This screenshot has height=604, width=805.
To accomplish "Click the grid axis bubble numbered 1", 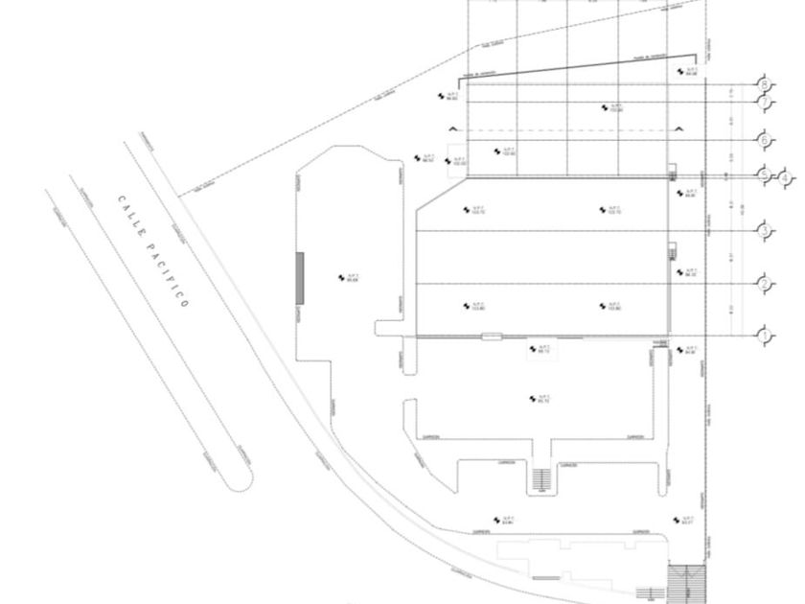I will click(x=765, y=336).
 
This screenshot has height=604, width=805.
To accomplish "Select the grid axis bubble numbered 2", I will click(x=765, y=283).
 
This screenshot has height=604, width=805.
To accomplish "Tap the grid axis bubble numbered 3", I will click(x=765, y=229).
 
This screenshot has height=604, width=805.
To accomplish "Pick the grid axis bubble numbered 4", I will click(x=786, y=177).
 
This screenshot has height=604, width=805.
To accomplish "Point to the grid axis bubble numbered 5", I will click(x=765, y=175).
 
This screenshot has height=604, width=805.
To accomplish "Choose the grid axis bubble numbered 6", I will click(x=765, y=140).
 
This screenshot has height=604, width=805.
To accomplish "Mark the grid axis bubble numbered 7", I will click(x=765, y=102).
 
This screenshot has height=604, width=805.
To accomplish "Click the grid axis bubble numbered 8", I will click(x=765, y=83).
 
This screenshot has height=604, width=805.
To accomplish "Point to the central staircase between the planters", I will click(x=542, y=477).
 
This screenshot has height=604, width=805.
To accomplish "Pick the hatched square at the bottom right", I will click(x=685, y=582).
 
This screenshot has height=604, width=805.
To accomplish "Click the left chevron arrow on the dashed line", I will click(x=454, y=128).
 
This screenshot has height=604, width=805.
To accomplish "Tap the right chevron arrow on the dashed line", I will click(x=678, y=128).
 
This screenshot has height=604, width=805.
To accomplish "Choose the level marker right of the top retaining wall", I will click(x=687, y=72).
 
